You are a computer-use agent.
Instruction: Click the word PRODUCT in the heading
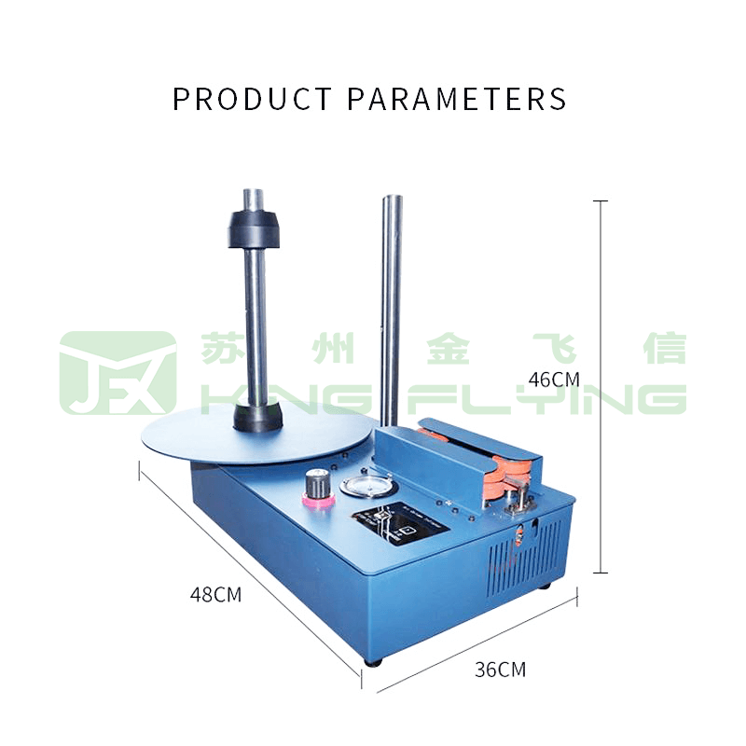pyautogui.click(x=252, y=99)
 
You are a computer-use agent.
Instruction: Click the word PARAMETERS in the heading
pyautogui.click(x=457, y=99)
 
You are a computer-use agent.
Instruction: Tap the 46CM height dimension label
pyautogui.click(x=554, y=380)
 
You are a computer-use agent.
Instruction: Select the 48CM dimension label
pyautogui.click(x=215, y=594)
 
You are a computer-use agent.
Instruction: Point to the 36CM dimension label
pyautogui.click(x=500, y=669)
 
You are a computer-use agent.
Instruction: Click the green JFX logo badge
pyautogui.click(x=117, y=373)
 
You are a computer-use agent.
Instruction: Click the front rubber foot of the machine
pyautogui.click(x=373, y=661)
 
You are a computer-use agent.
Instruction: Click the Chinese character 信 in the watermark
pyautogui.click(x=664, y=349)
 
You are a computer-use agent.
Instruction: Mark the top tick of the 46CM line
pyautogui.click(x=601, y=201)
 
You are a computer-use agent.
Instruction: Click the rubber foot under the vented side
pyautogui.click(x=546, y=587)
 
